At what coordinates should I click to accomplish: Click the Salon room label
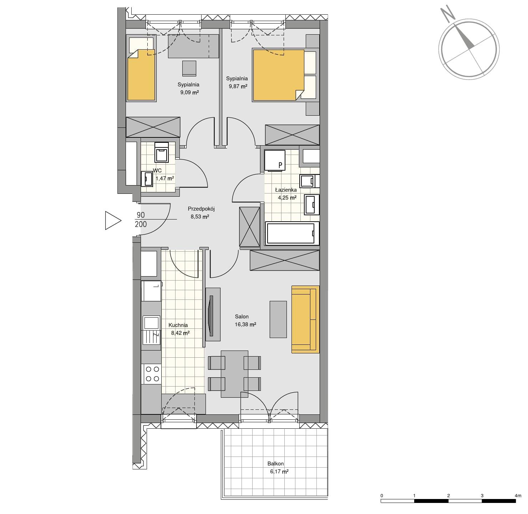pyautogui.click(x=242, y=316)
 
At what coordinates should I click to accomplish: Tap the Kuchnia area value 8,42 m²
pyautogui.click(x=180, y=333)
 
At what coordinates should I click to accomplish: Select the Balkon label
pyautogui.click(x=275, y=464)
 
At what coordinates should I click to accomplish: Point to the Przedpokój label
pyautogui.click(x=201, y=209)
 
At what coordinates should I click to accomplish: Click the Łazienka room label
pyautogui.click(x=286, y=190)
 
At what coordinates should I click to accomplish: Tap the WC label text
pyautogui.click(x=157, y=171)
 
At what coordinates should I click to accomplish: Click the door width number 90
pyautogui.click(x=141, y=215)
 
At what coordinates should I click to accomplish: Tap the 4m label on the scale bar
pyautogui.click(x=518, y=495)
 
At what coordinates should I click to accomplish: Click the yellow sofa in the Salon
pyautogui.click(x=305, y=319)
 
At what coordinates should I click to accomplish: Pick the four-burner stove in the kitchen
pyautogui.click(x=152, y=374)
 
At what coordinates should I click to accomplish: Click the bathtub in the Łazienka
pyautogui.click(x=291, y=233)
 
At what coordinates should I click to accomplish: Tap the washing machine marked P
pyautogui.click(x=275, y=161)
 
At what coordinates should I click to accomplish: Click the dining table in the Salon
pyautogui.click(x=234, y=374)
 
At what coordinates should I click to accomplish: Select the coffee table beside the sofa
pyautogui.click(x=278, y=319)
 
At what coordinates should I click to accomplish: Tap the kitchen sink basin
pyautogui.click(x=151, y=323)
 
